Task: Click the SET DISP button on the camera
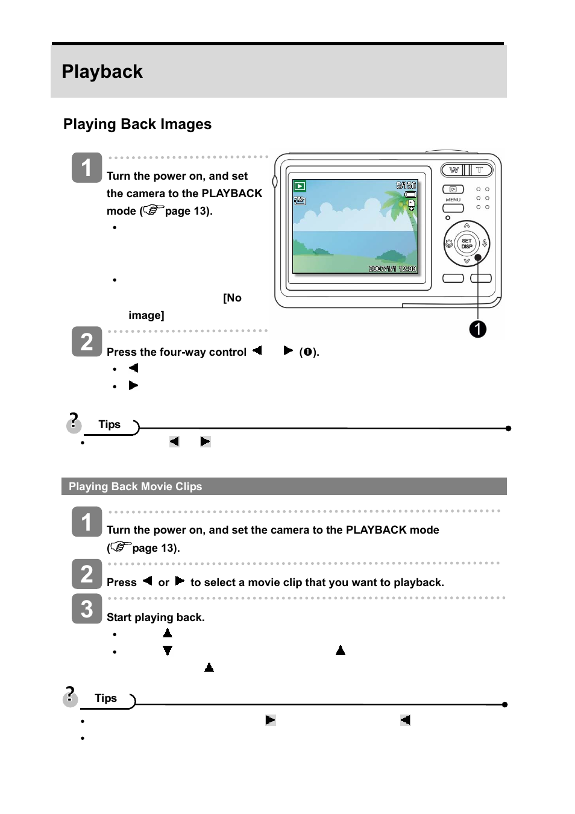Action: [x=467, y=244]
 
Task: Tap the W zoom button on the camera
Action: [x=454, y=170]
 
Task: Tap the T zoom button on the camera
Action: [x=480, y=170]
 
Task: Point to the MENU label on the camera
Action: [x=453, y=200]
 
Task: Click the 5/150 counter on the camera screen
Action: [x=406, y=185]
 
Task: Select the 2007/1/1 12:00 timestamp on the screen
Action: [x=392, y=269]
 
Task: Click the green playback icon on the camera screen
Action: [x=300, y=186]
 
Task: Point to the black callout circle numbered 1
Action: [x=478, y=329]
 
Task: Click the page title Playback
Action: [x=102, y=72]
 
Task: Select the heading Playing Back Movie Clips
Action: [x=135, y=487]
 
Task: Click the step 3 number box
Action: [x=87, y=608]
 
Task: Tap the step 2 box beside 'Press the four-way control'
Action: [x=87, y=341]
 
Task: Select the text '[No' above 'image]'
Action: [x=232, y=298]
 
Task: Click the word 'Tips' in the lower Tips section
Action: [x=105, y=698]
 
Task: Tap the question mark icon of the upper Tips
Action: [x=74, y=423]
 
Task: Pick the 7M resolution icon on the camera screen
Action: [x=300, y=200]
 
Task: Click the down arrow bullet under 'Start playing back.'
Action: [x=168, y=651]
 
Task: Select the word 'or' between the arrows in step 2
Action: [x=163, y=582]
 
